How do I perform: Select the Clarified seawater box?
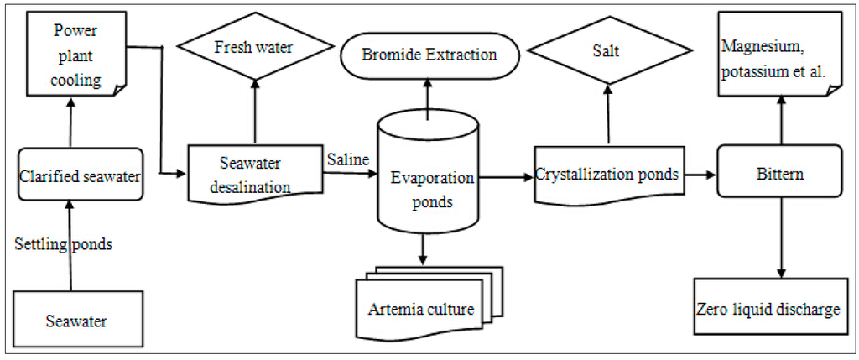pyautogui.click(x=81, y=175)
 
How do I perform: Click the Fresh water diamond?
pyautogui.click(x=254, y=49)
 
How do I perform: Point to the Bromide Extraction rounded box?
pyautogui.click(x=429, y=55)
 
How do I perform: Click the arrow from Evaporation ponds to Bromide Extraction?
pyautogui.click(x=429, y=97)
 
